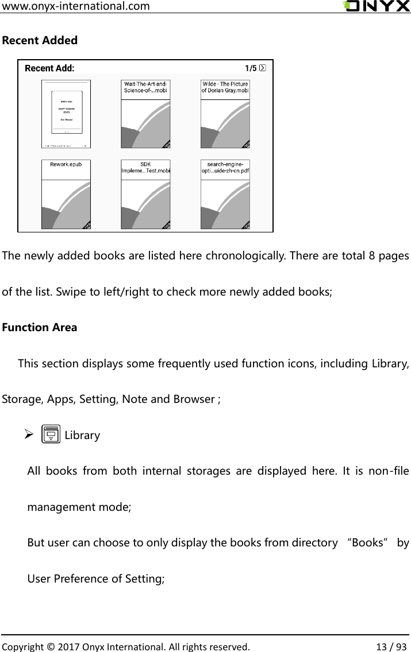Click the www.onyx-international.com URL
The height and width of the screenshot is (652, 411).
[76, 6]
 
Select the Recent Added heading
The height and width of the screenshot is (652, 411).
[40, 41]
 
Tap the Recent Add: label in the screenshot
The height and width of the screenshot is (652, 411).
[49, 68]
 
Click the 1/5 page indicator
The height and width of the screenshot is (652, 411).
[251, 68]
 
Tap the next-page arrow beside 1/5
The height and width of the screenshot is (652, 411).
[263, 68]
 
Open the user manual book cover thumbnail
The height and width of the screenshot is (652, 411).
[66, 114]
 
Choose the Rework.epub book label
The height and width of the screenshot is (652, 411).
[66, 164]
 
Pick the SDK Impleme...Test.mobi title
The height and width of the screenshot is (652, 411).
[145, 167]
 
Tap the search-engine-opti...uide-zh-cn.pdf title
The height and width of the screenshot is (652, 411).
[225, 167]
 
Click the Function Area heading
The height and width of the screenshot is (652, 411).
[40, 328]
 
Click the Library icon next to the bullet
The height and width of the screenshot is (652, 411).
[51, 434]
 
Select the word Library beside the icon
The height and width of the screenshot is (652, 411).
[82, 436]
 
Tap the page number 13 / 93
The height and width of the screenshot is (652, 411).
[389, 645]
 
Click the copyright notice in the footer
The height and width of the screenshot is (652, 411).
[126, 645]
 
